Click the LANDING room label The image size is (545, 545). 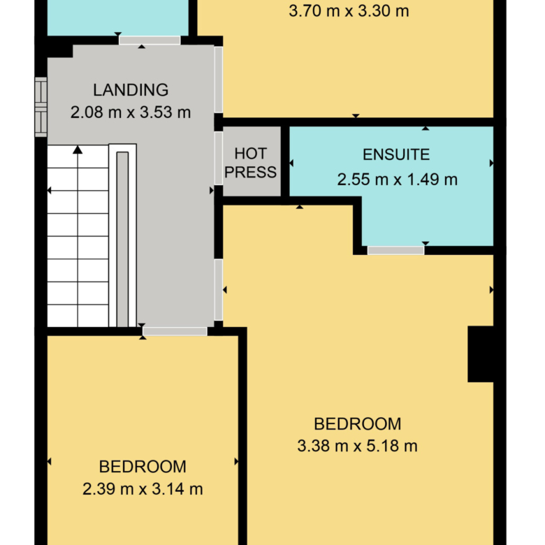pyautogui.click(x=131, y=90)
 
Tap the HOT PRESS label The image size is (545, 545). pyautogui.click(x=250, y=163)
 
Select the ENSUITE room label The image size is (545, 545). pyautogui.click(x=396, y=154)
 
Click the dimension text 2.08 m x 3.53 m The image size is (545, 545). pyautogui.click(x=131, y=112)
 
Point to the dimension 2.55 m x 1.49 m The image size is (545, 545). pyautogui.click(x=398, y=180)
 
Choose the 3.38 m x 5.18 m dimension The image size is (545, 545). pyautogui.click(x=357, y=446)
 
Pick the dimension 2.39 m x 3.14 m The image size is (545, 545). pyautogui.click(x=143, y=489)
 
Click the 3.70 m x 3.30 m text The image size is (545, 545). pyautogui.click(x=349, y=11)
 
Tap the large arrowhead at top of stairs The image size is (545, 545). pyautogui.click(x=78, y=150)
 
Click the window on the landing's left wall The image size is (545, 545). pyautogui.click(x=41, y=107)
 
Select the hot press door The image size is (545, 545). pyautogui.click(x=218, y=158)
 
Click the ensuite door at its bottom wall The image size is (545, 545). pyautogui.click(x=396, y=250)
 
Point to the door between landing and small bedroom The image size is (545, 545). pyautogui.click(x=175, y=331)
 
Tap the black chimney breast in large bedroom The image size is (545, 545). pyautogui.click(x=481, y=354)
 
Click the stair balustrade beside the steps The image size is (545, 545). pyautogui.click(x=122, y=235)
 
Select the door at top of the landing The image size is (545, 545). pyautogui.click(x=150, y=41)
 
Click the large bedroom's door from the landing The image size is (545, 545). pyautogui.click(x=218, y=290)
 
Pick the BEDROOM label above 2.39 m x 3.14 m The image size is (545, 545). pyautogui.click(x=143, y=467)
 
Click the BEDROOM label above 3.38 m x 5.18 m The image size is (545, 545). pyautogui.click(x=357, y=424)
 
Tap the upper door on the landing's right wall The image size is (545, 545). pyautogui.click(x=218, y=80)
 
